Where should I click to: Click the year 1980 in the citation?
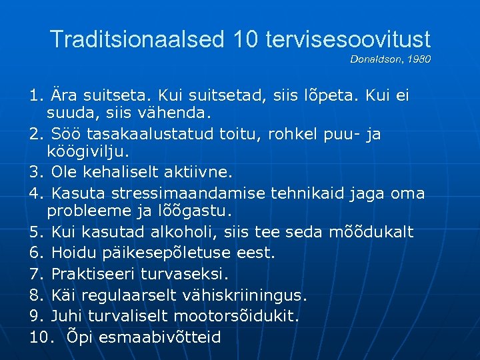(x=421, y=59)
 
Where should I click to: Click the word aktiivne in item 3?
(x=200, y=173)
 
